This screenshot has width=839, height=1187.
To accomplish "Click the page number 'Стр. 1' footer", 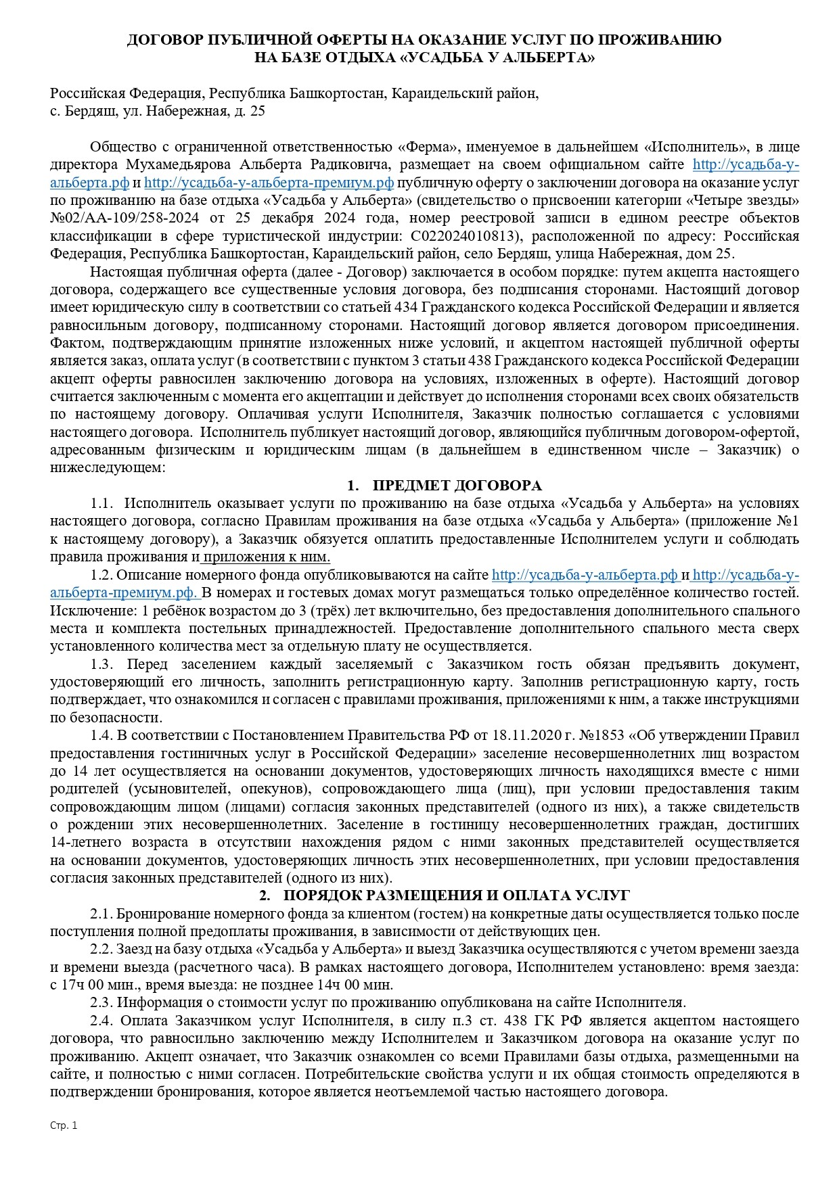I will pos(64,1125).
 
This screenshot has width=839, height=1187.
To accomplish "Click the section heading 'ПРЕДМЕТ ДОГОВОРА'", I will pos(457,486).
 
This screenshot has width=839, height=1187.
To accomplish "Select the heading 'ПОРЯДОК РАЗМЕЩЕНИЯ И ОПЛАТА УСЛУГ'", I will pos(457,895).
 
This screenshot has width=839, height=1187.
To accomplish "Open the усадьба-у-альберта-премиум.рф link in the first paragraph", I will pos(269,183).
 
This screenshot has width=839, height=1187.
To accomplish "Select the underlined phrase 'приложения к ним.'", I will pos(266,557).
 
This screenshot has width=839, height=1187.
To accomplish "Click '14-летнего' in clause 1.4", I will pos(85,843).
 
